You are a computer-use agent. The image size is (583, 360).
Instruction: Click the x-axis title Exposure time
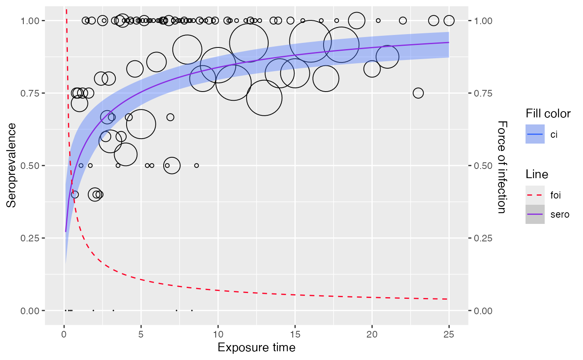pyautogui.click(x=256, y=348)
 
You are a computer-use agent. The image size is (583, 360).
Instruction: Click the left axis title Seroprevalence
pyautogui.click(x=11, y=165)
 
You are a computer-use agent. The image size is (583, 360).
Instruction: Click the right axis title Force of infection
pyautogui.click(x=502, y=167)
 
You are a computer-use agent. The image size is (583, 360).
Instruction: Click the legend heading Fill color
pyautogui.click(x=548, y=113)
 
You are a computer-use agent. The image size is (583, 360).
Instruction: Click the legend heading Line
pyautogui.click(x=537, y=174)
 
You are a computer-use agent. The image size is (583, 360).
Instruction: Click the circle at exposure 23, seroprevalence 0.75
pyautogui.click(x=418, y=93)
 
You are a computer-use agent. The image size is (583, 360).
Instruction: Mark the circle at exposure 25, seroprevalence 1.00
pyautogui.click(x=449, y=20)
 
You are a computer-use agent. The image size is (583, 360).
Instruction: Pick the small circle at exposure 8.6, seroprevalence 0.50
pyautogui.click(x=197, y=166)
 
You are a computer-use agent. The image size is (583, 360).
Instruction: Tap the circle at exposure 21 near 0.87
pyautogui.click(x=387, y=56)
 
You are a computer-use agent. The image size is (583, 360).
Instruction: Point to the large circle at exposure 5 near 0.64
pyautogui.click(x=141, y=124)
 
